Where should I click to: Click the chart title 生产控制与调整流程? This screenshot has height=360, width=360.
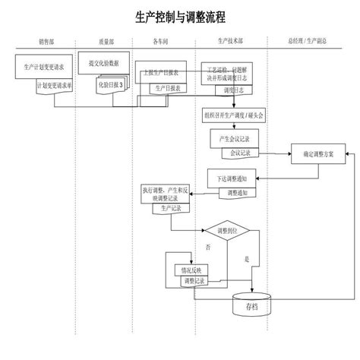point(180,16)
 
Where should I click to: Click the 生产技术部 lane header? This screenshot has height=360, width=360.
point(230,42)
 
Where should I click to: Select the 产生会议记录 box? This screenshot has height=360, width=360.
point(236,138)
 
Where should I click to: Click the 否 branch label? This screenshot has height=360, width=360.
point(208,248)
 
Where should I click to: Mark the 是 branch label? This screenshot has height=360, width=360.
point(247,258)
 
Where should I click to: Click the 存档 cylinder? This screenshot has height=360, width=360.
point(251,307)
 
